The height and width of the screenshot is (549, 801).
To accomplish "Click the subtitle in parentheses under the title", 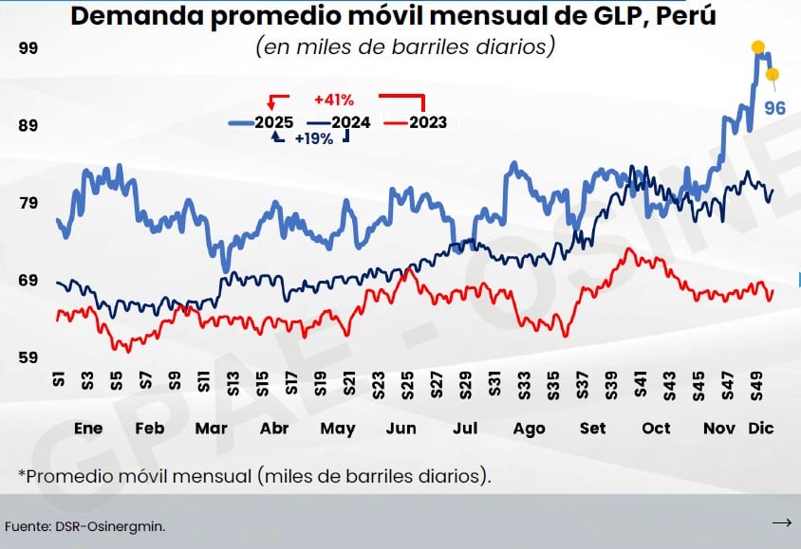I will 404,46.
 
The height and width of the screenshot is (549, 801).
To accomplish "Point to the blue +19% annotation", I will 313,138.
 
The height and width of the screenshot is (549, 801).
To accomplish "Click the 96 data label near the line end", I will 774,108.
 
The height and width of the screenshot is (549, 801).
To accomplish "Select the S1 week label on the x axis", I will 58,380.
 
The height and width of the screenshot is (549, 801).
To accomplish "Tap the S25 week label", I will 407,385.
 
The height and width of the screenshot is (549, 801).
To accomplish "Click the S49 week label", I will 756,385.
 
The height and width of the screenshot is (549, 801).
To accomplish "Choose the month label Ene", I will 88,429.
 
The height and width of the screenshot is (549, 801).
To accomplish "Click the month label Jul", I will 465,429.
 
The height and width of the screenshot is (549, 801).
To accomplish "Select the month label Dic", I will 761,429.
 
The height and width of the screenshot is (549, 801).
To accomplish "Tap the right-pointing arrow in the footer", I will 782,522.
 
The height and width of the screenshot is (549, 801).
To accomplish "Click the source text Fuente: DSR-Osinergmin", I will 78,524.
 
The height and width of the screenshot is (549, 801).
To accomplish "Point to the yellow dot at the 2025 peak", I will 758,46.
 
